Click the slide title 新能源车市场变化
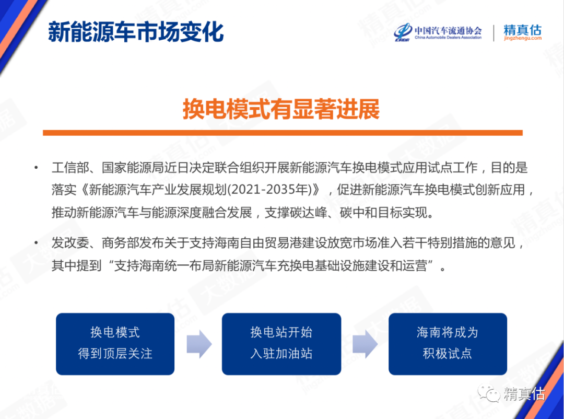coord(136,32)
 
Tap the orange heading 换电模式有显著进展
coord(281,109)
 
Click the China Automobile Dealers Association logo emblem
coord(403,32)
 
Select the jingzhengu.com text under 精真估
coord(523,38)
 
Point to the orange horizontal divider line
coord(283,133)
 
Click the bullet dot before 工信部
coord(36,167)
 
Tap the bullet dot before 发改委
coord(36,243)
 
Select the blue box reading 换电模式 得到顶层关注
coord(115,344)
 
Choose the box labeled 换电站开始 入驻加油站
coord(281,344)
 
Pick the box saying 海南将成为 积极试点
coord(448,344)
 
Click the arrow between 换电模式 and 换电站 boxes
coord(199,344)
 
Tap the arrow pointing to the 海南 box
coord(365,344)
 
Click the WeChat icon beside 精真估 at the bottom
coord(488,393)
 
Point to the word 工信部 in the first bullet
coord(70,167)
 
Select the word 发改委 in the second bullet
coord(70,243)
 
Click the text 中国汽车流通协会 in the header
coord(448,30)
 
